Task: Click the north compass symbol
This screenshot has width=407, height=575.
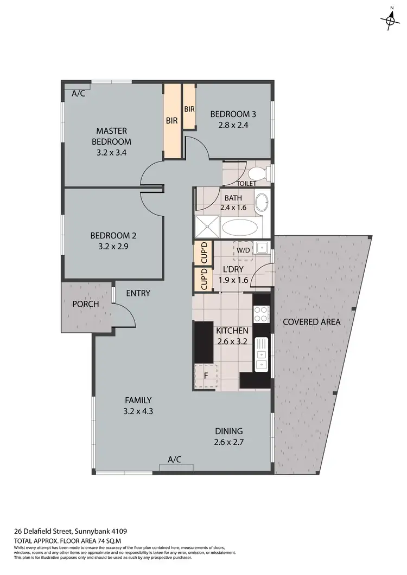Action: coord(389,21)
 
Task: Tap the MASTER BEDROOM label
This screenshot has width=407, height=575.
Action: coord(111,141)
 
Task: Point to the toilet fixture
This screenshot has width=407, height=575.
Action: coord(257,173)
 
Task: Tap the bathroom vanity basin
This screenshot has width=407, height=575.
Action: coord(262,202)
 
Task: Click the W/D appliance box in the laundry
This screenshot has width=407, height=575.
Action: coord(242,250)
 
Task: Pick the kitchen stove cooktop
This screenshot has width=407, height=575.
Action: coord(261,314)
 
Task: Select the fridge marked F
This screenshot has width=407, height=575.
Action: coord(206,376)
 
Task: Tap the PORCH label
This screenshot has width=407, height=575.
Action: coord(86,304)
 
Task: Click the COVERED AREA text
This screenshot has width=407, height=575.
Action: coord(311,322)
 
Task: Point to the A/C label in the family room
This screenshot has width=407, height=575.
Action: coord(174,460)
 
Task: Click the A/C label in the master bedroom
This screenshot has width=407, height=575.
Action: coord(79,93)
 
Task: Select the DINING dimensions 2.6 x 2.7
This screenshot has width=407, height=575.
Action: coord(228,442)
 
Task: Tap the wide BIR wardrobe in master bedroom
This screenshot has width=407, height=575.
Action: coord(172,121)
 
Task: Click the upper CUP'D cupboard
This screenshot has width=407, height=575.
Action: coord(203,253)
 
